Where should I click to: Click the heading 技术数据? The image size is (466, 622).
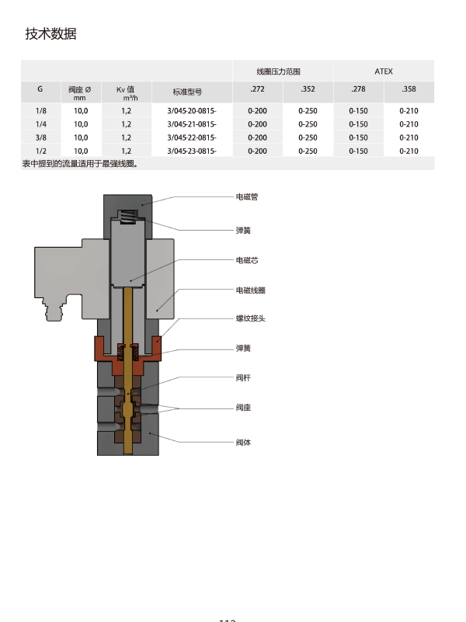(50, 34)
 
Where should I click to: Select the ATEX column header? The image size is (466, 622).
(384, 71)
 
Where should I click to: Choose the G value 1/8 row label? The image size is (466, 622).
(40, 111)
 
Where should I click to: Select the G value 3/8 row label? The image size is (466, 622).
(40, 137)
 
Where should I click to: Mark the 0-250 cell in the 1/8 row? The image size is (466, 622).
(308, 111)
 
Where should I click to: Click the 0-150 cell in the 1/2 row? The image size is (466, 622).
(358, 151)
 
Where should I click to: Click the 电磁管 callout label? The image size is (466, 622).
(247, 197)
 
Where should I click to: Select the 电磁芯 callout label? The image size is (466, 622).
(247, 261)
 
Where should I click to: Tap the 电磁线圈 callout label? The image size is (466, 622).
(251, 290)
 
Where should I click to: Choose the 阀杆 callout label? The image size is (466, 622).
(243, 377)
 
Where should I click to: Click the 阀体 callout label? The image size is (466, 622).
(243, 443)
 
